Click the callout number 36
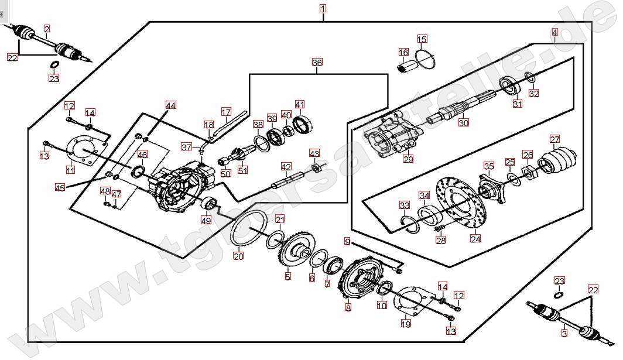[317, 62]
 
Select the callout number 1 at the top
[323, 9]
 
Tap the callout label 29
[408, 159]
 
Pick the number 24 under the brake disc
[475, 238]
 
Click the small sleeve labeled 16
[405, 68]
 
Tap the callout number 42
[286, 167]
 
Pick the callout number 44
[170, 105]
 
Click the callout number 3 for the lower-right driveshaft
[564, 333]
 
